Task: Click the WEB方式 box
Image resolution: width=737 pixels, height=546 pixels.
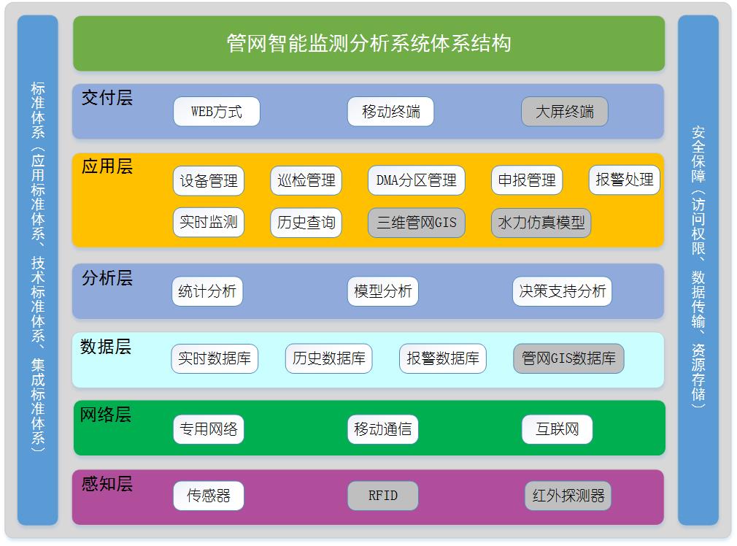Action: pos(216,112)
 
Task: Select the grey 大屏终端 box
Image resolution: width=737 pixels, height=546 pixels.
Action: pos(565,112)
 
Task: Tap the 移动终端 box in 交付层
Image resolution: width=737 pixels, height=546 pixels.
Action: pos(390,112)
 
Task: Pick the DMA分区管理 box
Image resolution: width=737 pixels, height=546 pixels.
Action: pos(417,180)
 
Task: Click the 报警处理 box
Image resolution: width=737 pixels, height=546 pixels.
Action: pos(624,180)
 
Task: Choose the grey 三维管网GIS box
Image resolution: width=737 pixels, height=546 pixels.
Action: pos(417,223)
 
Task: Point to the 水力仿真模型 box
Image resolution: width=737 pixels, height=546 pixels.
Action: pos(541,223)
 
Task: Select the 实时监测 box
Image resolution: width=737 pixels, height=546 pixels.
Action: pos(209,222)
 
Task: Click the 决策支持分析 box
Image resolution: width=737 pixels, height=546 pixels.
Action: pos(562,291)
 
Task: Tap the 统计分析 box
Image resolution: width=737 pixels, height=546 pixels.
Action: pos(207,291)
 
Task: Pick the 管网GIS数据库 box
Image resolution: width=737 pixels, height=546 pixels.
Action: pos(568,358)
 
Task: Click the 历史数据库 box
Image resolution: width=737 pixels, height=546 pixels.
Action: pos(328,358)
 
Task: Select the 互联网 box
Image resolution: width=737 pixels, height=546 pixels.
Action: pos(557,429)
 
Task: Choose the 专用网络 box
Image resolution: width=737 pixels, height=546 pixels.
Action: pos(209,429)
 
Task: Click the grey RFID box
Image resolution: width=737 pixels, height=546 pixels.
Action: pos(382,496)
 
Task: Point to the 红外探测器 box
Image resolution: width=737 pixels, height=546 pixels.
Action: pos(568,496)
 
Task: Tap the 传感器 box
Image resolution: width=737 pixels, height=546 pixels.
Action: pos(209,496)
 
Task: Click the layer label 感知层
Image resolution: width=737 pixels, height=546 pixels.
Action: pos(107,484)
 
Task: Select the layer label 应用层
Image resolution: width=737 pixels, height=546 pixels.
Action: pos(107,166)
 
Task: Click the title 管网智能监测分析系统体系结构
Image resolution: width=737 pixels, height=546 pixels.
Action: pos(369,43)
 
